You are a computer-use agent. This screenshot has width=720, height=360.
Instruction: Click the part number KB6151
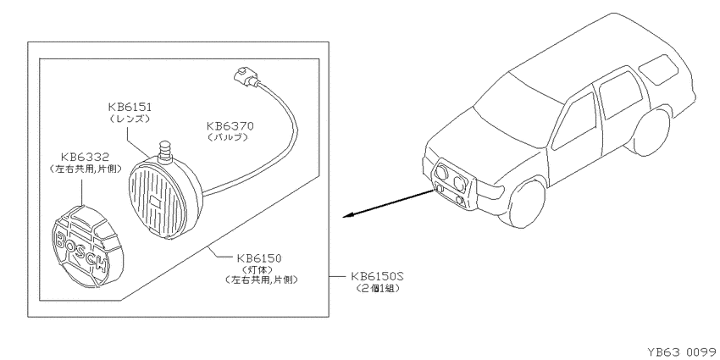pos(130,107)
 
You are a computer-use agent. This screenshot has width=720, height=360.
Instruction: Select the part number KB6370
pos(230,126)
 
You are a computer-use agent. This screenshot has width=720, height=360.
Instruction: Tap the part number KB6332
pos(86,158)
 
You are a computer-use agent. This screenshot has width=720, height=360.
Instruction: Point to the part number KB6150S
pos(377,276)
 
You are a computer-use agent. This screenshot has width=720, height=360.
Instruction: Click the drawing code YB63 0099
pos(681,352)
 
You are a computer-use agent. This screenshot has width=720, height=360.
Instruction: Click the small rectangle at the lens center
pos(156,201)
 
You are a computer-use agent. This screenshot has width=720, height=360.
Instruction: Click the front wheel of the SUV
pos(524,204)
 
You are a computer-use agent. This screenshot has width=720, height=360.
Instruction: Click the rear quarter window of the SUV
pos(658,69)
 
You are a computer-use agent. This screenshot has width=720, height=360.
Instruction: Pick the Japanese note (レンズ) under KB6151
pos(130,119)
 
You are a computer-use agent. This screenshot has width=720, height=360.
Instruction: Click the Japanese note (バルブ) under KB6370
pos(228,137)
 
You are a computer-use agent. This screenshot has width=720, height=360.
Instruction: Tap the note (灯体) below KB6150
pos(258,269)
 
